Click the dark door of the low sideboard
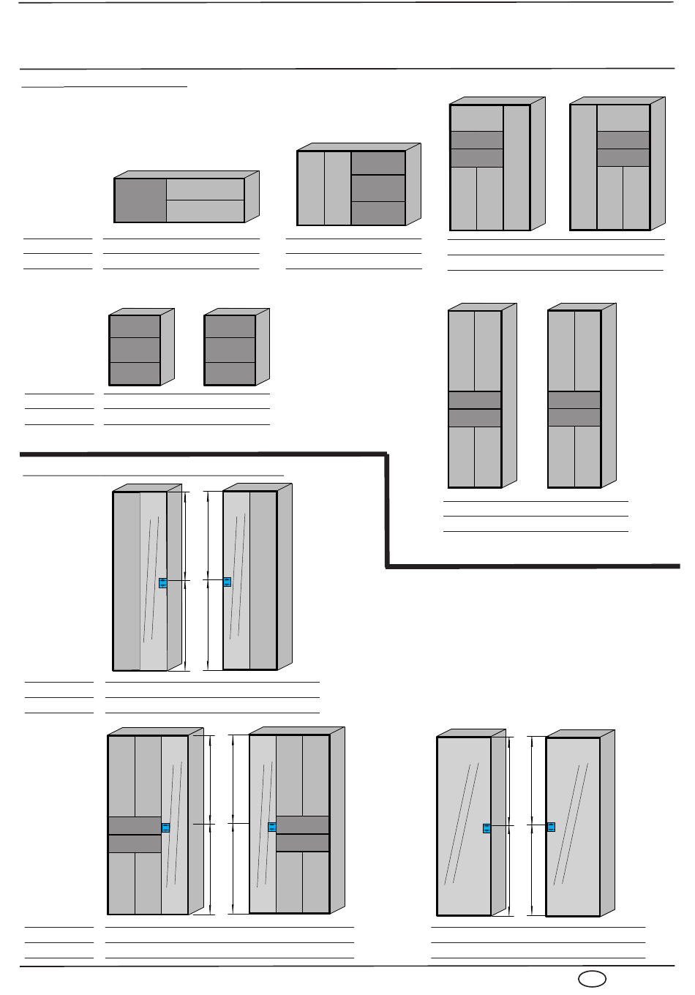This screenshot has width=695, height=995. (x=140, y=200)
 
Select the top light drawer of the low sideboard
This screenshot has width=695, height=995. (x=206, y=189)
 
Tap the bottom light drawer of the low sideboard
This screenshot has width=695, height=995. (x=206, y=211)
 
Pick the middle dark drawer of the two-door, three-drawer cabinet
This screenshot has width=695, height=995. (x=378, y=188)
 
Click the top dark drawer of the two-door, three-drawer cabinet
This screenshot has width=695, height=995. (x=378, y=163)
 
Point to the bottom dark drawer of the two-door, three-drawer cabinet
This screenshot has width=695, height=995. (x=378, y=213)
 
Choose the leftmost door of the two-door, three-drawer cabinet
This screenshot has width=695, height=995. (x=311, y=188)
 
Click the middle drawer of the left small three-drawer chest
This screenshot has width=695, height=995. (x=135, y=350)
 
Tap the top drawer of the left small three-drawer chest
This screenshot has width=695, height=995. (x=135, y=326)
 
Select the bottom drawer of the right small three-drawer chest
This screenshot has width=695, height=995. (x=230, y=374)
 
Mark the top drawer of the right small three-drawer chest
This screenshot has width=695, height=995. (x=230, y=326)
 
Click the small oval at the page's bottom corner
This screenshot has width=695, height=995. (x=590, y=979)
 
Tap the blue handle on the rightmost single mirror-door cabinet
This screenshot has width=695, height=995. (x=552, y=827)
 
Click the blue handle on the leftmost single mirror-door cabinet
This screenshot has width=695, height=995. (x=487, y=828)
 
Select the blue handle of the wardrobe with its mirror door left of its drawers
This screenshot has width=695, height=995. (x=272, y=827)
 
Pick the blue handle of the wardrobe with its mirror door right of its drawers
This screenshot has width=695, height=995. (x=165, y=827)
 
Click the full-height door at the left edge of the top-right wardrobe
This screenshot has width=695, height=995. (x=583, y=168)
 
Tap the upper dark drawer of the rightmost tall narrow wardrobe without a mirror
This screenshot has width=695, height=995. (x=574, y=400)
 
